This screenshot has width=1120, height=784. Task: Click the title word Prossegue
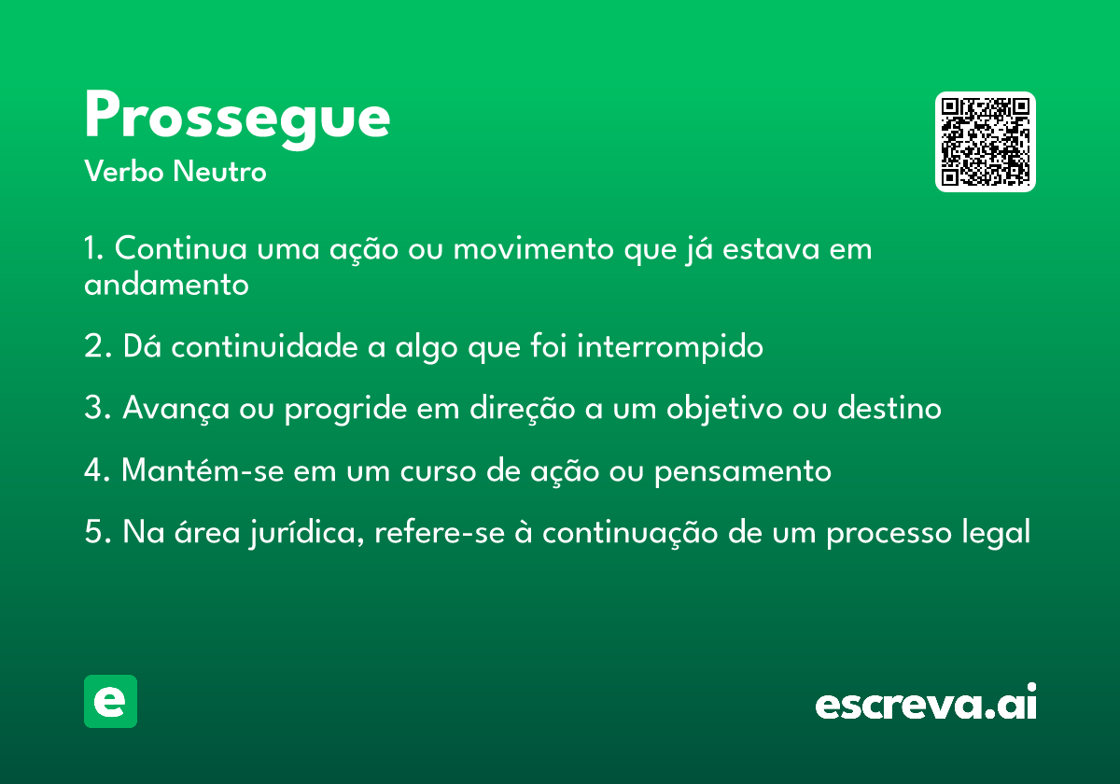pos(237,118)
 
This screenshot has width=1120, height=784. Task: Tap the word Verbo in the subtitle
pos(124,171)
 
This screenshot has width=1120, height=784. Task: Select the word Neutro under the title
pos(219,171)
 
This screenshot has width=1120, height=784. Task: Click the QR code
pos(985,142)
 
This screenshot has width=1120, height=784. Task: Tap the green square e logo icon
pos(110,701)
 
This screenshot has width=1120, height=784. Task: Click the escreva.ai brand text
pos(926,702)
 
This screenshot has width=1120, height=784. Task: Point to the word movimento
pos(533,248)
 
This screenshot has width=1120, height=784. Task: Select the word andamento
pos(166,285)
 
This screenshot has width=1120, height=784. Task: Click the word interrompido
pos(670,346)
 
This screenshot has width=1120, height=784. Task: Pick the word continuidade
pos(264,346)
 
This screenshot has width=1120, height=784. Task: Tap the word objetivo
pos(724,409)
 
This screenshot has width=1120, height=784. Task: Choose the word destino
pos(889,408)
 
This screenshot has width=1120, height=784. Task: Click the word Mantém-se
pos(203,470)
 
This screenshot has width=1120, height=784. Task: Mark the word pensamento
pos(743,471)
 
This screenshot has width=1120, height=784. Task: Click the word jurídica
pos(306,533)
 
